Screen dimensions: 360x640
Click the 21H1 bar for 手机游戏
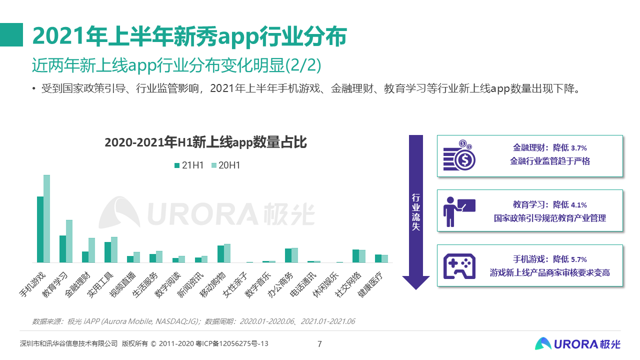pyautogui.click(x=40, y=229)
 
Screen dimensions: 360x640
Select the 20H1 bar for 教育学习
pyautogui.click(x=69, y=241)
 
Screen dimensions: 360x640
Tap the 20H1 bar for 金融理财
pyautogui.click(x=91, y=250)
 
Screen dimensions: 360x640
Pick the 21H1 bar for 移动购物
pyautogui.click(x=220, y=254)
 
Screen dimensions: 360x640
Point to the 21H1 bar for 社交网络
pyautogui.click(x=355, y=256)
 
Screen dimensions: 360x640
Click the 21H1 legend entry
pyautogui.click(x=188, y=165)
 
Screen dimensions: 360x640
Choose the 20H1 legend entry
pyautogui.click(x=225, y=165)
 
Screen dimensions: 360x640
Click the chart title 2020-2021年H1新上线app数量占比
pyautogui.click(x=205, y=142)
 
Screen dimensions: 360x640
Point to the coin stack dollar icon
pyautogui.click(x=459, y=155)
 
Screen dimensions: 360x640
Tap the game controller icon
pyautogui.click(x=459, y=265)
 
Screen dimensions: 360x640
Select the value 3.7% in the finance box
pyautogui.click(x=578, y=148)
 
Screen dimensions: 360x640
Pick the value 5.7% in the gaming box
pyautogui.click(x=578, y=259)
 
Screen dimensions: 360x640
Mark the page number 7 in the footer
pyautogui.click(x=320, y=343)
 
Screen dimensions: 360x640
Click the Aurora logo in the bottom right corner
pyautogui.click(x=577, y=343)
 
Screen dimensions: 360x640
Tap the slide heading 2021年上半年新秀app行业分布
pyautogui.click(x=189, y=36)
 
